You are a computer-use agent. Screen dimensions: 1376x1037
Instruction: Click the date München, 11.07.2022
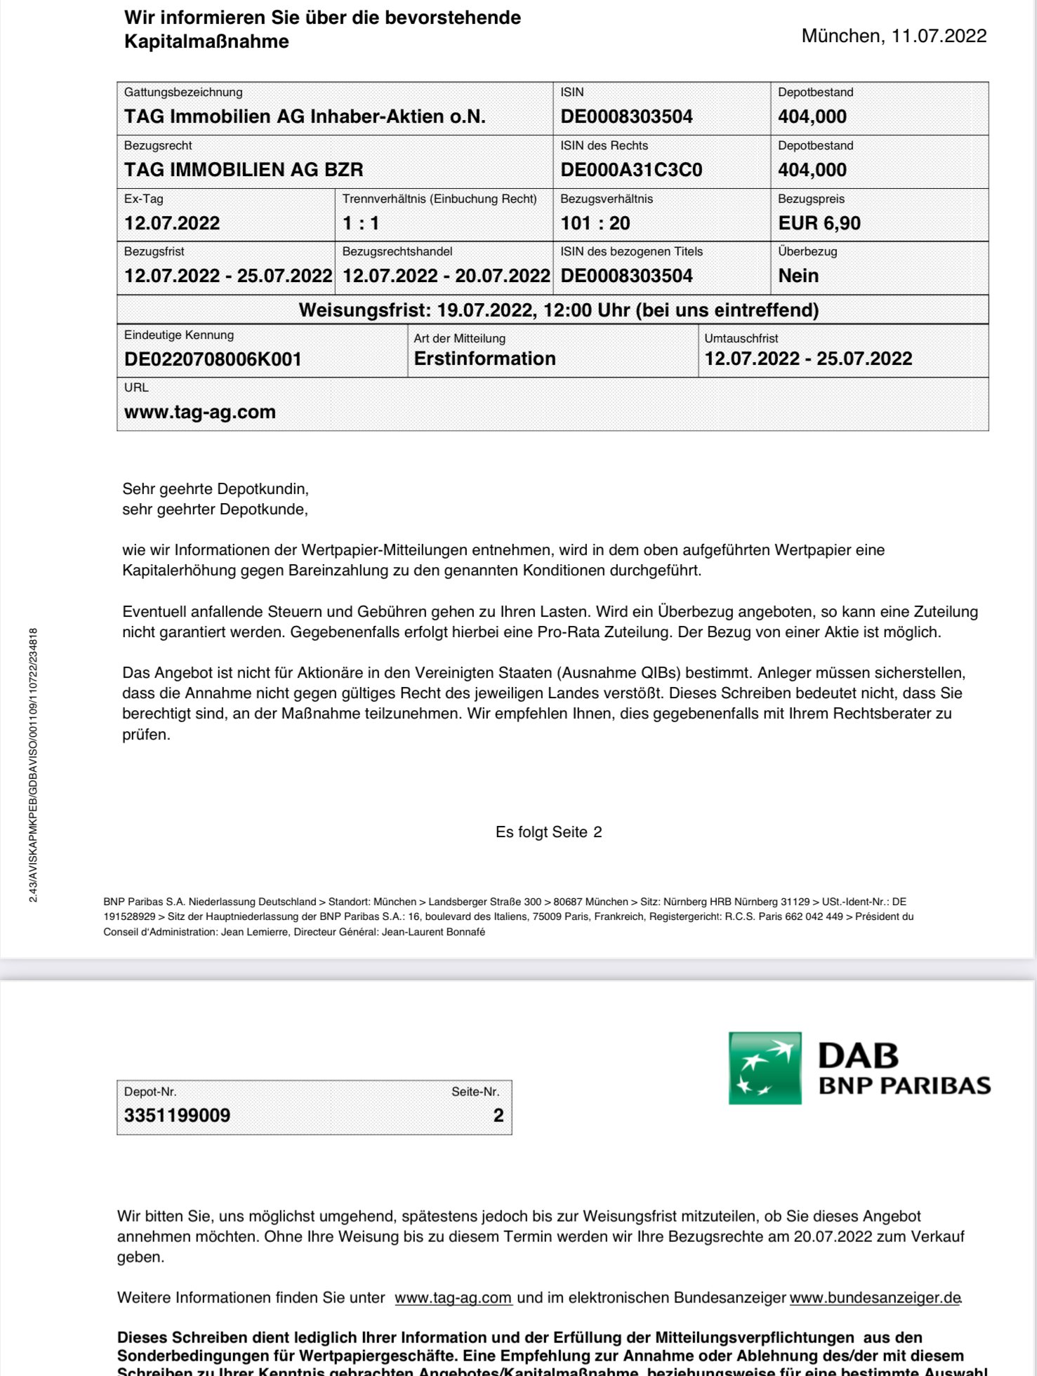(894, 36)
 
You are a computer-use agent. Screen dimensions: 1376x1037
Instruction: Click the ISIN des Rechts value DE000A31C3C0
(630, 170)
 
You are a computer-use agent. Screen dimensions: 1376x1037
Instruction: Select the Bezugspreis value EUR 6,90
(819, 223)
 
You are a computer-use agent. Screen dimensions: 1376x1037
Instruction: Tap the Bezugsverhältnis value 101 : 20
(595, 223)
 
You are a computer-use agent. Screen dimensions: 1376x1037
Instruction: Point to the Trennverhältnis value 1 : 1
(360, 223)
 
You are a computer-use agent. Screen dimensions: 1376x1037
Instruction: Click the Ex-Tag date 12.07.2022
(172, 223)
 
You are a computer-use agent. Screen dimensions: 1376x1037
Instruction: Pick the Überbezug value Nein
(798, 276)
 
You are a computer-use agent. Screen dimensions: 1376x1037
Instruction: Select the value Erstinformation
(484, 359)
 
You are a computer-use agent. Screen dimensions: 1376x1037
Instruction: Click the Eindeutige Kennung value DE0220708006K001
(213, 359)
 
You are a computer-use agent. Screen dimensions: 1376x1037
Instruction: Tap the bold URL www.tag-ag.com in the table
(199, 412)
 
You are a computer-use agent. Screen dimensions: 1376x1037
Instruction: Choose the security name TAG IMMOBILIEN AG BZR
(243, 170)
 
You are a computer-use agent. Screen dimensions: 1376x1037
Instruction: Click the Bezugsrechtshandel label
(397, 251)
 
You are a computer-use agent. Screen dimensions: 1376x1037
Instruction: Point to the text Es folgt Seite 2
(548, 832)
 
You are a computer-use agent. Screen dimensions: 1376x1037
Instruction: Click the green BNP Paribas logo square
(765, 1067)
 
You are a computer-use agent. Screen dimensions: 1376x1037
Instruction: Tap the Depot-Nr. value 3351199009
(177, 1115)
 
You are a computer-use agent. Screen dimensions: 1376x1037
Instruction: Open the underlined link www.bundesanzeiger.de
(875, 1297)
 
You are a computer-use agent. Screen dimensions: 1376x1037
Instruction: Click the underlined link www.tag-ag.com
(453, 1297)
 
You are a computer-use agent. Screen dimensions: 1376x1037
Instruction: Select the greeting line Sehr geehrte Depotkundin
(215, 488)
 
